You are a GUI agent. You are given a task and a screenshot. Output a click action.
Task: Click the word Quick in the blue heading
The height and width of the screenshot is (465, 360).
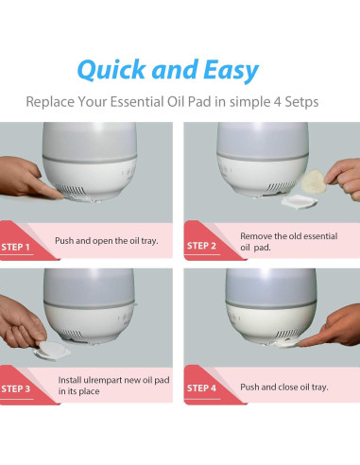pyautogui.click(x=111, y=70)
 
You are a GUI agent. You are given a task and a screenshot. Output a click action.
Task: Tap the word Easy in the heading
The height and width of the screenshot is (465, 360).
pyautogui.click(x=231, y=71)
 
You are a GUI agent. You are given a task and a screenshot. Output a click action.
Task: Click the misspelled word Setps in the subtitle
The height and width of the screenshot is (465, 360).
pyautogui.click(x=301, y=102)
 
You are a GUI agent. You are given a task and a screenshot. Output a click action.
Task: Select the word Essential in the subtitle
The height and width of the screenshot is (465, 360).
pyautogui.click(x=137, y=102)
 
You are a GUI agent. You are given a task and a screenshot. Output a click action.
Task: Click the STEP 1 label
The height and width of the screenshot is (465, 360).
pyautogui.click(x=15, y=248)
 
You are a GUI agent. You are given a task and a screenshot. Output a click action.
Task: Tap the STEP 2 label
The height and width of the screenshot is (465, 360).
pyautogui.click(x=201, y=246)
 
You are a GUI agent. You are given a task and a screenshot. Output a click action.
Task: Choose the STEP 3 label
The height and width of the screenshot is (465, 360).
pyautogui.click(x=16, y=389)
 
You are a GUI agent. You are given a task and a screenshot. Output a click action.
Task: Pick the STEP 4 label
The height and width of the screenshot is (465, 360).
pyautogui.click(x=201, y=388)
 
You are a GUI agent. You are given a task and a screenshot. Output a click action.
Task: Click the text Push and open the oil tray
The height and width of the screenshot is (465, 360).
pyautogui.click(x=107, y=241)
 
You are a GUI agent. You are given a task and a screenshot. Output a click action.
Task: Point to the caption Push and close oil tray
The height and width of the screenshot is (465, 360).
pyautogui.click(x=284, y=387)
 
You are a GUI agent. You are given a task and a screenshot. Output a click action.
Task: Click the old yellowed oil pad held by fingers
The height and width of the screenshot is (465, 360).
pyautogui.click(x=313, y=181)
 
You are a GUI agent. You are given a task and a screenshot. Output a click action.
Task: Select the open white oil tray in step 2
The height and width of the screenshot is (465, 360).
pyautogui.click(x=299, y=201)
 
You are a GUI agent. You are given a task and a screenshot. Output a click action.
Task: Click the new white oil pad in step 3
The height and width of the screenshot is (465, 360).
pyautogui.click(x=52, y=350)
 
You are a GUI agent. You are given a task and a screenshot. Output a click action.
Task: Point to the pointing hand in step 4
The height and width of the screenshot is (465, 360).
pyautogui.click(x=332, y=328)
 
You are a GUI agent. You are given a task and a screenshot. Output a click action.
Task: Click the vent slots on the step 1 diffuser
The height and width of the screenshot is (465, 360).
pyautogui.click(x=70, y=190)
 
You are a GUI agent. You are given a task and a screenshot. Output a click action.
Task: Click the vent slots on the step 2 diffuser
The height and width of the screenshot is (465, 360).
pyautogui.click(x=282, y=186)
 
